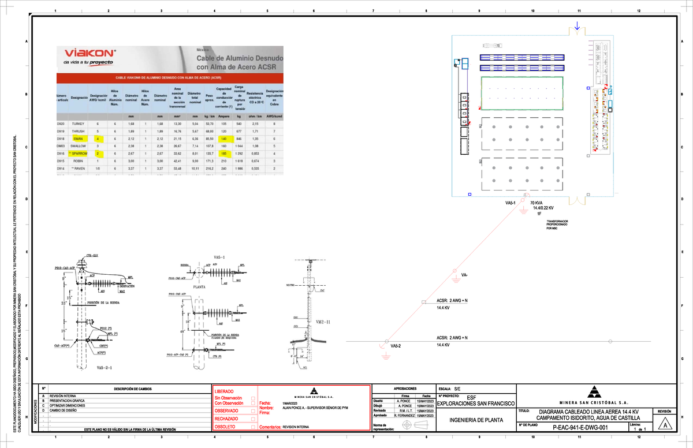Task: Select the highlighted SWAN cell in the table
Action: [x=78, y=139]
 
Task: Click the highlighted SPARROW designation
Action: [x=78, y=154]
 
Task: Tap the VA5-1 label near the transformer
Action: [x=511, y=203]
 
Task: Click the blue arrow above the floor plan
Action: [x=577, y=25]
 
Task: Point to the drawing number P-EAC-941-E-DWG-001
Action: [x=579, y=428]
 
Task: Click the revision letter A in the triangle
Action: [x=665, y=425]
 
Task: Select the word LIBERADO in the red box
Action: [x=225, y=393]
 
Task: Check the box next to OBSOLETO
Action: [x=253, y=427]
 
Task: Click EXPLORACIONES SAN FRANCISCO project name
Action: [x=476, y=402]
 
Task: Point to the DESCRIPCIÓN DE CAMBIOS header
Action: [x=133, y=389]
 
